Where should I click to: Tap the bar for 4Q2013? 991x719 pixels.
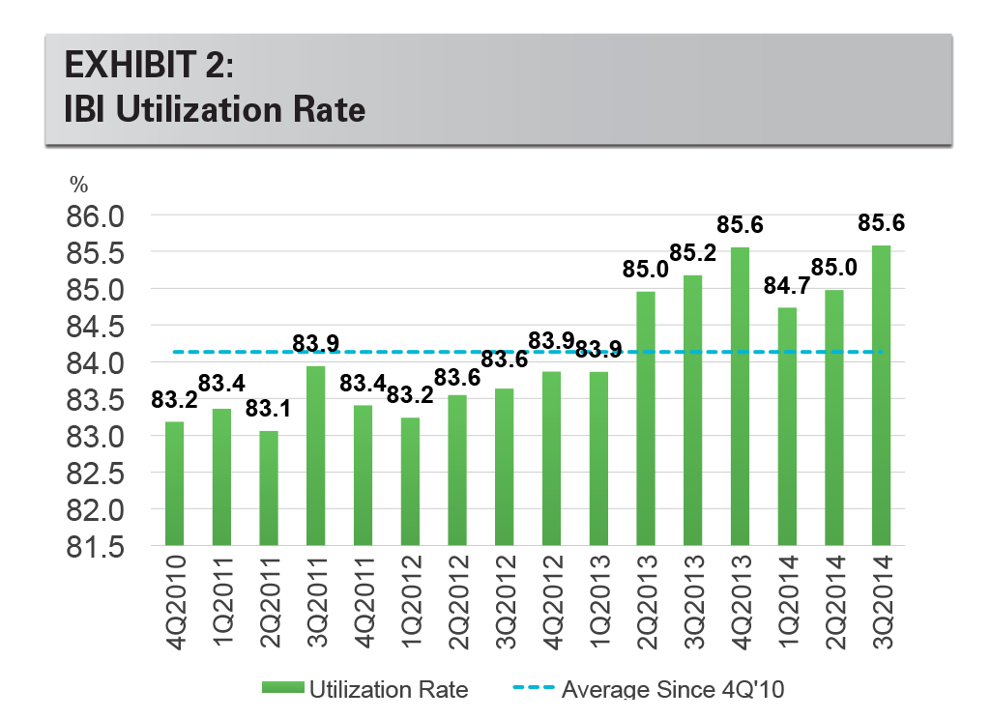741,396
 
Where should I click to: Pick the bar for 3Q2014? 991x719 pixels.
882,395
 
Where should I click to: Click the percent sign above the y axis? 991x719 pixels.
77,186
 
